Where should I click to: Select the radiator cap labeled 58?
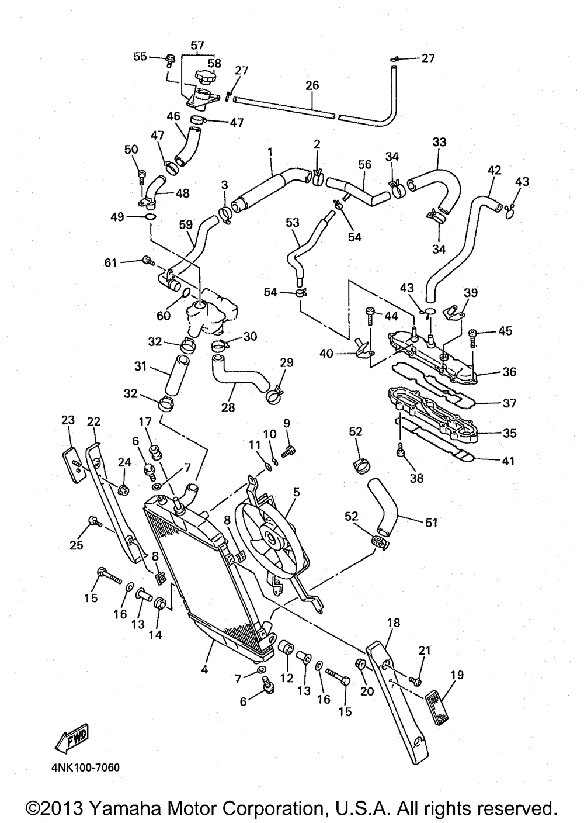tap(204, 77)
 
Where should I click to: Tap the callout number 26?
tap(312, 85)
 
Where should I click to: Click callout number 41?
tap(508, 461)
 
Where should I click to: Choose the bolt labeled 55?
tap(171, 58)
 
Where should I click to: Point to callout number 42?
tap(494, 170)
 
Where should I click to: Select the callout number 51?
tap(431, 523)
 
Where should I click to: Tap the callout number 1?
tap(270, 152)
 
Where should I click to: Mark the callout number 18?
tap(393, 623)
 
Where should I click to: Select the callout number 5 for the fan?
tap(296, 492)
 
